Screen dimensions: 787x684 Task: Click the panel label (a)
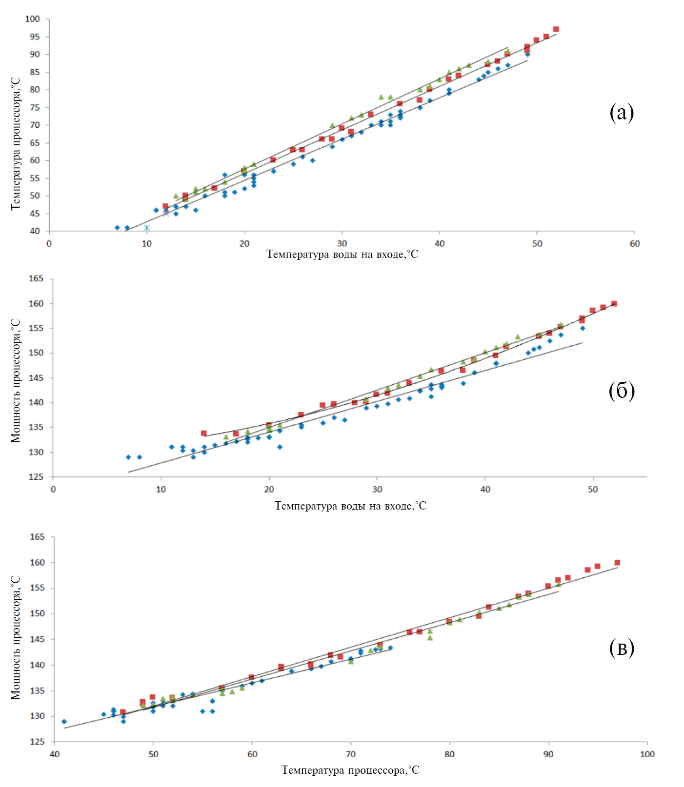click(622, 113)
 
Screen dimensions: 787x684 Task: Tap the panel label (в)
click(622, 648)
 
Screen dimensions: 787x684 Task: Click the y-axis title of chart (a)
click(16, 144)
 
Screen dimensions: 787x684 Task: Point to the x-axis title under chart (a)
click(342, 255)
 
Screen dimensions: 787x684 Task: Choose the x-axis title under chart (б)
click(350, 506)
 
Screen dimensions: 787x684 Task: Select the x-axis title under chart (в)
click(350, 770)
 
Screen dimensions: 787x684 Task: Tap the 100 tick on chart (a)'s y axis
click(32, 19)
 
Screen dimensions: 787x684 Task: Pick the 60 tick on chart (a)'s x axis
click(634, 243)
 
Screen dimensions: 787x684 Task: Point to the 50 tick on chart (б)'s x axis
click(593, 489)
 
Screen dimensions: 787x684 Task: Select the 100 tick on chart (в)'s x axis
click(647, 754)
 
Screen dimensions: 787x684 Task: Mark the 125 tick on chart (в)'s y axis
click(37, 742)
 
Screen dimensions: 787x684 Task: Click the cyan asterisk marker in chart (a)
click(147, 228)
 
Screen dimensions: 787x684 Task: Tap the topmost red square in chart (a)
click(556, 29)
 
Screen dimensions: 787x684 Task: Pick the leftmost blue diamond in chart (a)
click(117, 228)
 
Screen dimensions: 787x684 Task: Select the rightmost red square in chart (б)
click(614, 304)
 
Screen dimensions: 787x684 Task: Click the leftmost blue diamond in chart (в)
click(64, 721)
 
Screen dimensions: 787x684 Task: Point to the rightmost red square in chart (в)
click(617, 563)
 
